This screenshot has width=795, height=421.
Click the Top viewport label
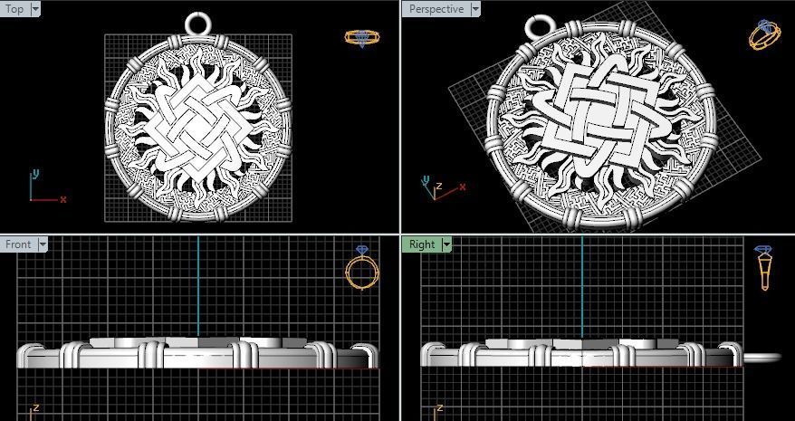click(x=14, y=9)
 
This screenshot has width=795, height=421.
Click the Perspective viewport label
click(x=436, y=9)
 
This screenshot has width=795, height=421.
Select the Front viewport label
click(x=18, y=244)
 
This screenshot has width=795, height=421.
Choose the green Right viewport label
click(x=422, y=244)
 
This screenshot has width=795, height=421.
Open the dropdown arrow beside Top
click(x=35, y=9)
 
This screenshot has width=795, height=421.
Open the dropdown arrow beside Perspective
click(x=475, y=9)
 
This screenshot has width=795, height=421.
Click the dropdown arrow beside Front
click(x=43, y=244)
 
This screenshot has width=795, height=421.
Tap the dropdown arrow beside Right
click(x=445, y=244)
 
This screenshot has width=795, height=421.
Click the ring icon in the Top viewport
click(x=362, y=38)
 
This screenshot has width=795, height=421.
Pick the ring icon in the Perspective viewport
click(x=764, y=34)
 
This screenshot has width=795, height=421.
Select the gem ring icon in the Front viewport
click(x=360, y=268)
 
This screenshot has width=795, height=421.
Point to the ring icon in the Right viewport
click(x=763, y=268)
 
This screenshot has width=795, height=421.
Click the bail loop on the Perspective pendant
click(x=541, y=27)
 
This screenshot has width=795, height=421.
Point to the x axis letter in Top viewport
click(x=63, y=199)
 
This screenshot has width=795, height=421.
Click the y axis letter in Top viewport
click(x=35, y=173)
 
